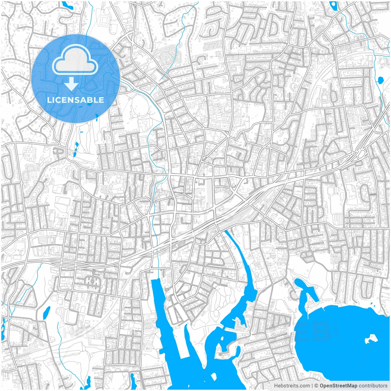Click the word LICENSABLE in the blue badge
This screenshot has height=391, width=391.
[75, 100]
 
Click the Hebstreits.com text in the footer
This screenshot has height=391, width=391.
[291, 386]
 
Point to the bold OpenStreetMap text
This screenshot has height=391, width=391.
[338, 386]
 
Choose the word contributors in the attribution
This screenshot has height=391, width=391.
[373, 386]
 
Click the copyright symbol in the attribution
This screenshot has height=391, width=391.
[316, 386]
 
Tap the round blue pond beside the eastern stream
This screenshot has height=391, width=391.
[380, 80]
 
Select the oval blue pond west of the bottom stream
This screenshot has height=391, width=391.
[47, 312]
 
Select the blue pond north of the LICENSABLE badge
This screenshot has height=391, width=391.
[66, 5]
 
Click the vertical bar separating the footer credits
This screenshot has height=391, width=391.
[312, 386]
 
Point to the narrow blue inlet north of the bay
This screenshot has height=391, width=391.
[301, 286]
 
